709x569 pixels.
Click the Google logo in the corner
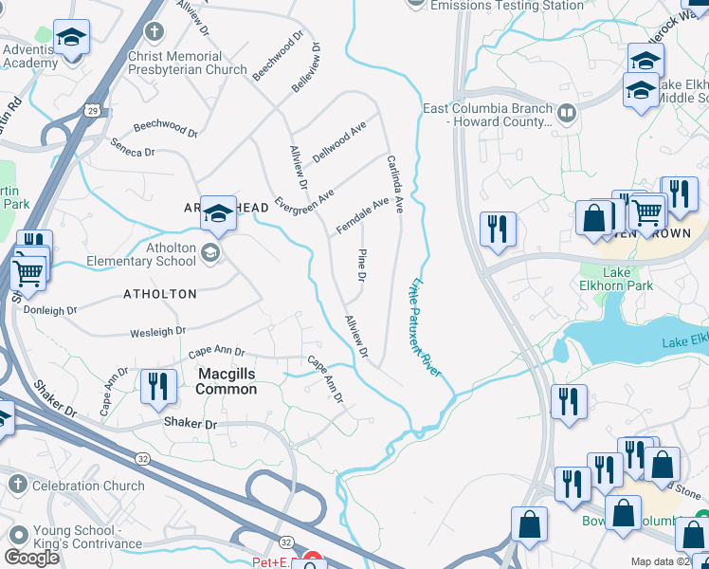coord(31,558)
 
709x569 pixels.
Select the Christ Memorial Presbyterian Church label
coord(188,63)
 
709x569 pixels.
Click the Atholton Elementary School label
coord(140,254)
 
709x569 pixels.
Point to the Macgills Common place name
coord(227,381)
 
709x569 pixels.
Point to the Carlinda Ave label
coord(393,183)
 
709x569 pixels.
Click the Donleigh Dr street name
coord(51,310)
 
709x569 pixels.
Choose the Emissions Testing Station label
coord(506,6)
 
